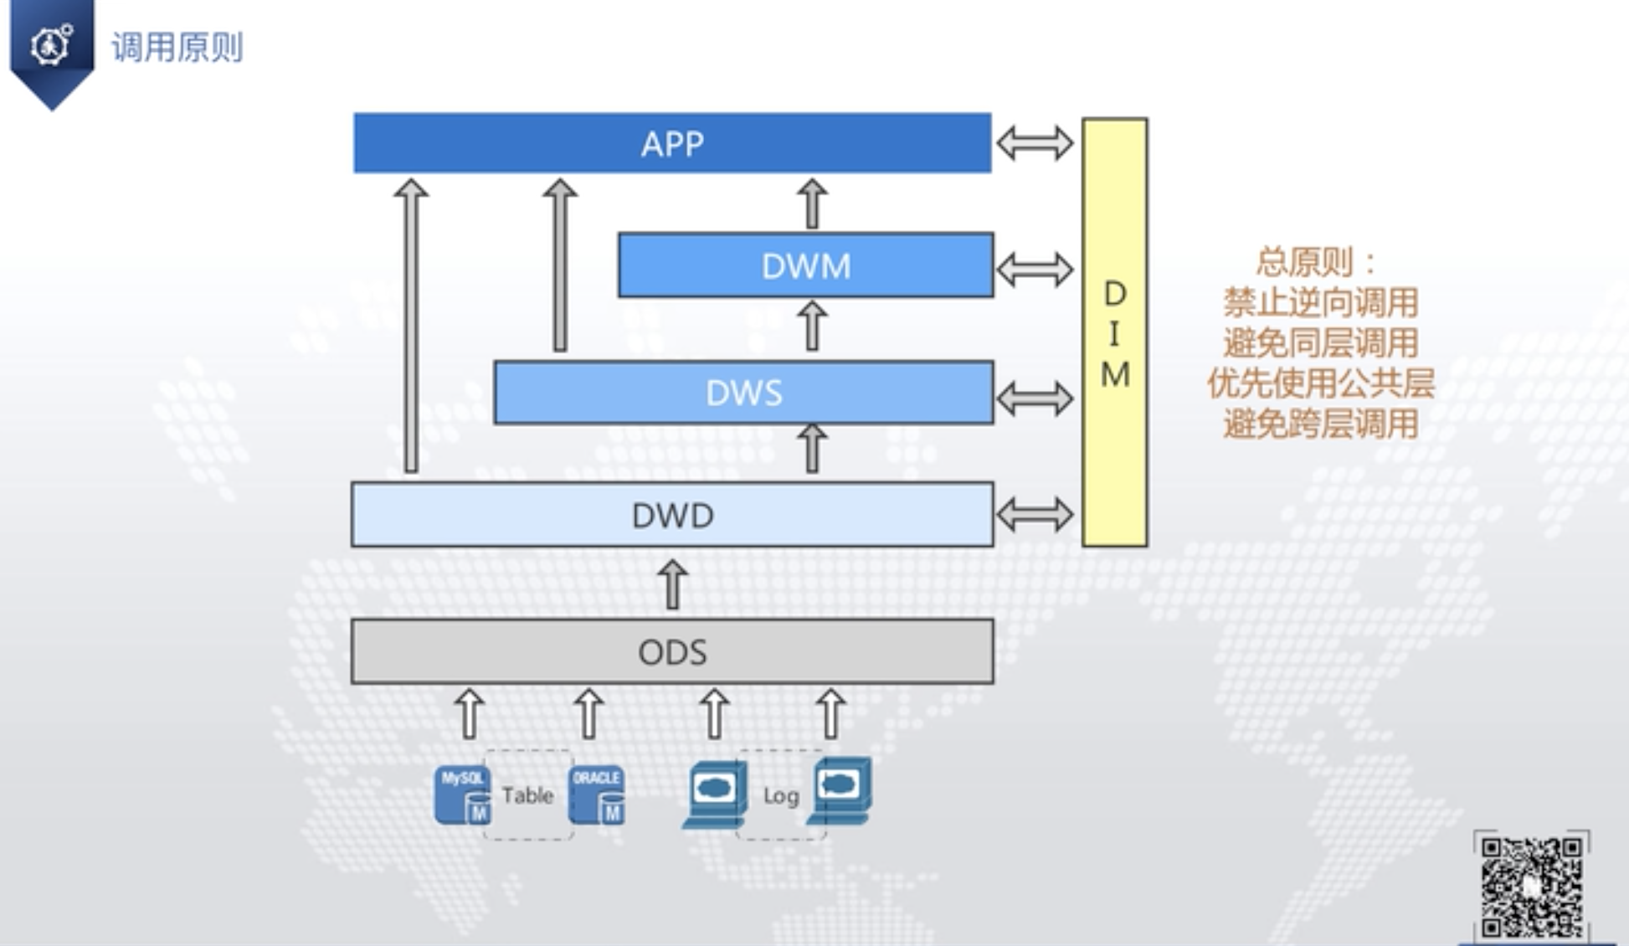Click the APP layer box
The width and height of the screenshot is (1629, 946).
(672, 143)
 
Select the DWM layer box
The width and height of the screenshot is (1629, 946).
(805, 265)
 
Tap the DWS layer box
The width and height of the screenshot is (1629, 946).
(743, 393)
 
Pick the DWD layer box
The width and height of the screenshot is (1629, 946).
(672, 515)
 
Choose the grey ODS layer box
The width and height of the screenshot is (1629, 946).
(672, 651)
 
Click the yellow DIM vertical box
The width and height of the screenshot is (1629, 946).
(1114, 332)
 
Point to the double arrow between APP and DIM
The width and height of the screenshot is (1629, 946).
(1035, 143)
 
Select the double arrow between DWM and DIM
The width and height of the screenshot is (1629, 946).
(1035, 270)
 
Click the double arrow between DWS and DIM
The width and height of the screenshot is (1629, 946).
(1035, 398)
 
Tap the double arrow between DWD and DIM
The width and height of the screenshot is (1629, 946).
(1035, 515)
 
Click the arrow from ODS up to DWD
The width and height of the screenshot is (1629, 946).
(672, 584)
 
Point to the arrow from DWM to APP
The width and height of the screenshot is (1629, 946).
(811, 203)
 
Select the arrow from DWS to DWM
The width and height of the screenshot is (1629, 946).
(811, 326)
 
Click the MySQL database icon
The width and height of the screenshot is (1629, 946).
(462, 795)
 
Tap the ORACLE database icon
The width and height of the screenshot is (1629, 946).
(596, 795)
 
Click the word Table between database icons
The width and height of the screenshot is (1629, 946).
(527, 794)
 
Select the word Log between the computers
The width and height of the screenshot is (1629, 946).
(780, 795)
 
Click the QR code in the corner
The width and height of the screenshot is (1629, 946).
(1531, 886)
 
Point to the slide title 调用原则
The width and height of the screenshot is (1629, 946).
(177, 48)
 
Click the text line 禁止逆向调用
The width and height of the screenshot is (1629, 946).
(1320, 302)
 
